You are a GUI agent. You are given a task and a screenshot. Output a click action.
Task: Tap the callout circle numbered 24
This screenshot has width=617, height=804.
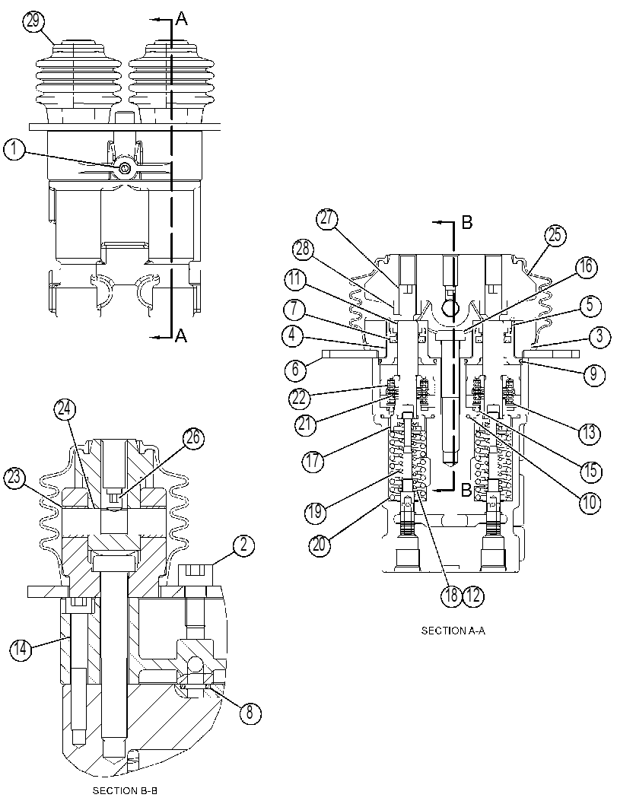(65, 410)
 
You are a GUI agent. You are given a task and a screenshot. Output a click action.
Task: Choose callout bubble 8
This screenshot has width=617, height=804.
(250, 713)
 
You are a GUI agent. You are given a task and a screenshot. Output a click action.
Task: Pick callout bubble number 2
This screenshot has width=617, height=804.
(243, 545)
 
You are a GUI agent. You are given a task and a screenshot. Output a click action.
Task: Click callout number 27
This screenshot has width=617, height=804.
(326, 220)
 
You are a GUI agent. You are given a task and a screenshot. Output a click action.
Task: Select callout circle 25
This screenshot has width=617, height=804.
(555, 237)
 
